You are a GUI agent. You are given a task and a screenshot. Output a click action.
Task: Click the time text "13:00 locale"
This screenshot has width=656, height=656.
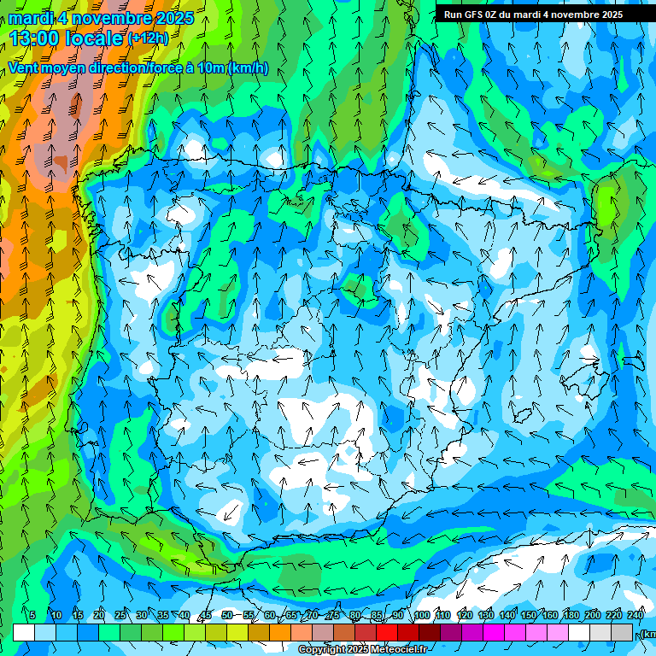(x=67, y=38)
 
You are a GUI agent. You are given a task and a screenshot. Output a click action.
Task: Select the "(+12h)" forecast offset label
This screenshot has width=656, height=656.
(x=148, y=38)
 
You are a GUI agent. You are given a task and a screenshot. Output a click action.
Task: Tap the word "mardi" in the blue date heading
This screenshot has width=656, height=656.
(x=31, y=18)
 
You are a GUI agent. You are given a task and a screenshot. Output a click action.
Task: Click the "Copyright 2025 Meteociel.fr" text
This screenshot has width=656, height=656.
(x=362, y=650)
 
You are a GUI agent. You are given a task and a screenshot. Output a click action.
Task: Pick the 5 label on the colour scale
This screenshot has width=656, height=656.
(x=32, y=616)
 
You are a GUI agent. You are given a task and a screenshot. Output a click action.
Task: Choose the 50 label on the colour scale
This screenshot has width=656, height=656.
(x=226, y=616)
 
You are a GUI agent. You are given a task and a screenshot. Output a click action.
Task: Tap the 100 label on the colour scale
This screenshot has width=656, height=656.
(x=421, y=616)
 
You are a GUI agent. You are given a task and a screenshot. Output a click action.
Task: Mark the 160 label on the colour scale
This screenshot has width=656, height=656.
(x=550, y=616)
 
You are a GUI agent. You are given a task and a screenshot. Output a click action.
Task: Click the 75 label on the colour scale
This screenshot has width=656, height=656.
(x=334, y=616)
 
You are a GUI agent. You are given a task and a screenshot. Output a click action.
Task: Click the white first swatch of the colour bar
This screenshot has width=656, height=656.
(x=24, y=632)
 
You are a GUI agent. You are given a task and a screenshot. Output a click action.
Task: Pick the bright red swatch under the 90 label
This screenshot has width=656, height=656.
(x=387, y=632)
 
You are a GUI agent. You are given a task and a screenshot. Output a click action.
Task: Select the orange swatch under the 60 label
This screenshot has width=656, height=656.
(x=259, y=632)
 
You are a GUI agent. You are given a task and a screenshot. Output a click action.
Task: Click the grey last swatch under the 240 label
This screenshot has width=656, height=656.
(x=623, y=632)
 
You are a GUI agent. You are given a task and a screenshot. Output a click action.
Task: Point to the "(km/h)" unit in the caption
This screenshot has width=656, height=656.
(x=248, y=68)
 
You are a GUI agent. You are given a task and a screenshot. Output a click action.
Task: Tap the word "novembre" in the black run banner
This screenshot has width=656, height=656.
(x=570, y=15)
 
